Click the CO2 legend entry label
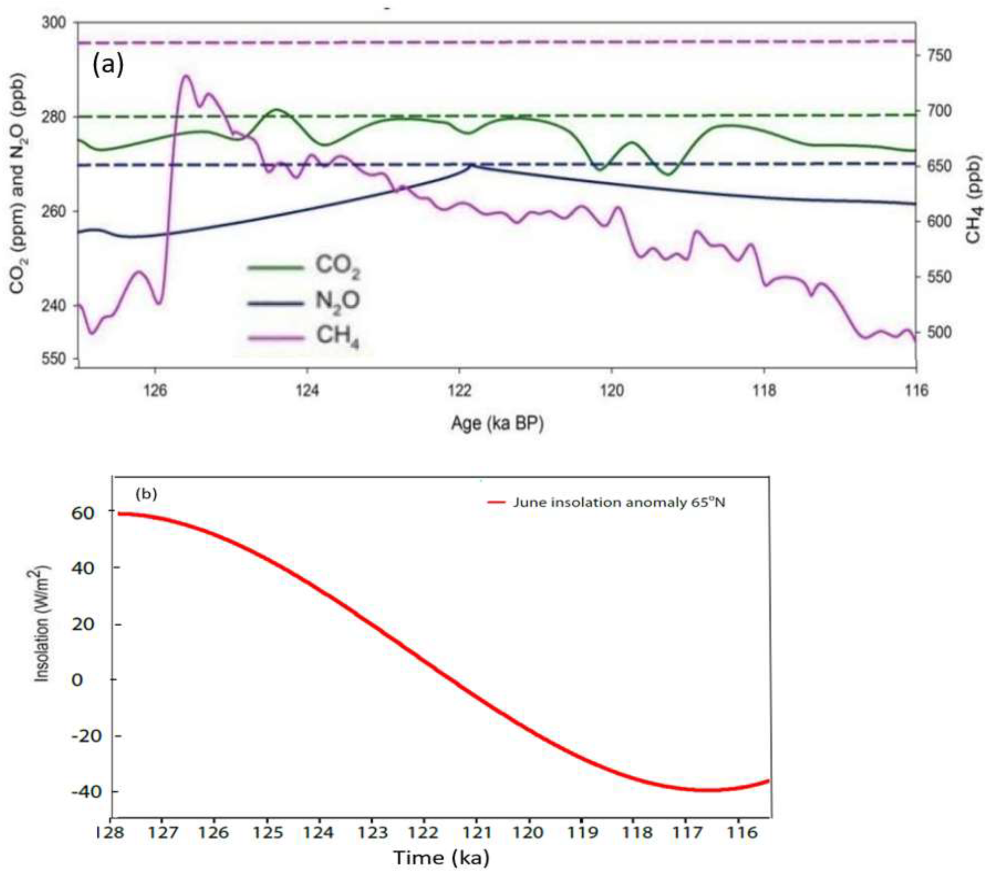click(338, 267)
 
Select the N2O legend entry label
click(338, 301)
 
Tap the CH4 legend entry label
click(338, 335)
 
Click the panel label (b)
click(146, 494)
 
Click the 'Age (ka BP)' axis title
click(497, 424)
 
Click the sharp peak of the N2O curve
click(471, 165)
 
